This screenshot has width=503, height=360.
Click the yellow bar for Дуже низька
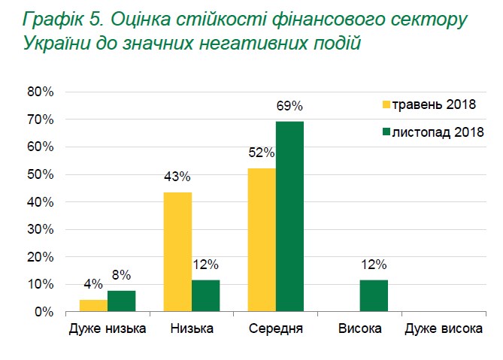click(x=93, y=305)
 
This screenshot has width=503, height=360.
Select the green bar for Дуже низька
click(x=121, y=301)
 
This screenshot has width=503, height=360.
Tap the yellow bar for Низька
click(x=177, y=252)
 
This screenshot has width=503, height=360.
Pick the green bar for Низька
click(x=205, y=295)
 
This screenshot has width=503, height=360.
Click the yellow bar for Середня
click(x=261, y=240)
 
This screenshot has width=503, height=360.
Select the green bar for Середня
click(x=289, y=216)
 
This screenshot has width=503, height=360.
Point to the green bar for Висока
click(x=374, y=295)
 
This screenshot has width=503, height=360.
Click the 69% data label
click(x=289, y=106)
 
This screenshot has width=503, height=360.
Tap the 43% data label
click(x=177, y=177)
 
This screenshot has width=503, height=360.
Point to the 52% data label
click(x=261, y=153)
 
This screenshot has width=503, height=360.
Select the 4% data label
click(x=92, y=285)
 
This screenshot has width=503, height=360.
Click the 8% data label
click(x=122, y=274)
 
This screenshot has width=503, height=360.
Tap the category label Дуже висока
click(x=444, y=329)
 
